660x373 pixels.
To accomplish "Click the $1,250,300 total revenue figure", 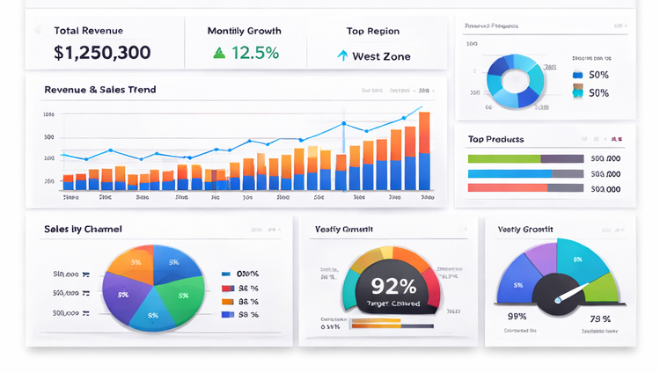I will (102, 53).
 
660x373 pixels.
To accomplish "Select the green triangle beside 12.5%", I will (219, 54).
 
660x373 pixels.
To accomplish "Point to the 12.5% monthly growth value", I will (255, 54).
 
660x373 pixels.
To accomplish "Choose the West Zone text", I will (381, 56).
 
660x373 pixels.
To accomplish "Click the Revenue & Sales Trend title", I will (100, 90).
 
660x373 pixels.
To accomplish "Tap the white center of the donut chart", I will (516, 81).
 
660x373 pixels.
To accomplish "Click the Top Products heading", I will (495, 139).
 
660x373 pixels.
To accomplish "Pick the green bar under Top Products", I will (503, 159).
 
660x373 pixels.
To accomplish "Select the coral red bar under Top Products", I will (509, 187).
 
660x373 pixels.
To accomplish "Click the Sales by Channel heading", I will (83, 229).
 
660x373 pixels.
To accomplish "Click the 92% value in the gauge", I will (394, 286).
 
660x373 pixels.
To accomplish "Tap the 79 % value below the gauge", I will (600, 317).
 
